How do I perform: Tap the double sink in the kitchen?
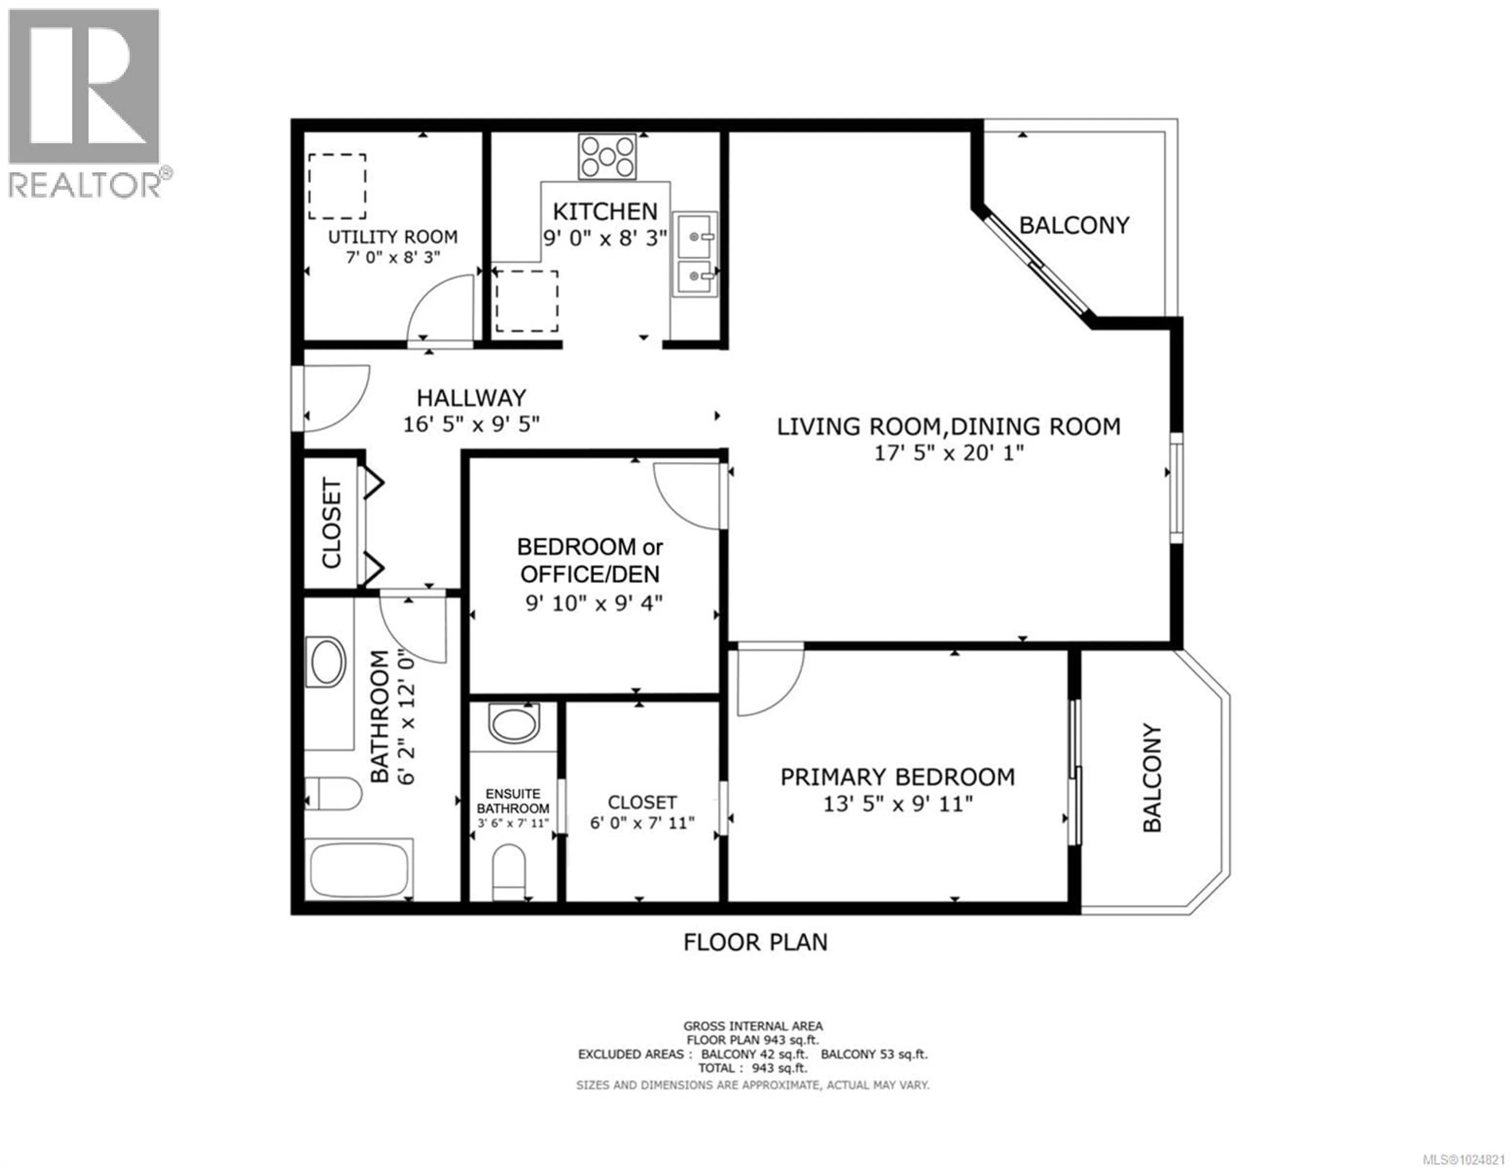pos(695,254)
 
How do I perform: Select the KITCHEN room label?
pos(605,211)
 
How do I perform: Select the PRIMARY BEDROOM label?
pos(897,777)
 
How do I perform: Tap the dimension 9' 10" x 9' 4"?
pos(594,604)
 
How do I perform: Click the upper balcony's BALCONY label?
pos(1074,225)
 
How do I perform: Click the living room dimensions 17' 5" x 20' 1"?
pos(949,453)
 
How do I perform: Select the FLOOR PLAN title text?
pos(755,942)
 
